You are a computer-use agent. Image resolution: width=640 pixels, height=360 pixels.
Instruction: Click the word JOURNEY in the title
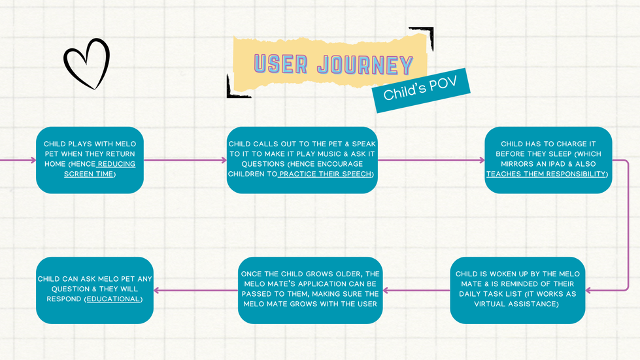(x=365, y=65)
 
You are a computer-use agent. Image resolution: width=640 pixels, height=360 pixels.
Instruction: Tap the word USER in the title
(x=281, y=63)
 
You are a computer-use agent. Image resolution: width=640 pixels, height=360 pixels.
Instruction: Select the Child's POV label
(x=420, y=90)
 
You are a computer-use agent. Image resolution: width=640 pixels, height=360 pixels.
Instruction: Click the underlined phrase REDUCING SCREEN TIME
(x=99, y=169)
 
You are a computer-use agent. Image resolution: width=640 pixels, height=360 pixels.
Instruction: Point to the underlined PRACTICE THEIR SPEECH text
(x=325, y=174)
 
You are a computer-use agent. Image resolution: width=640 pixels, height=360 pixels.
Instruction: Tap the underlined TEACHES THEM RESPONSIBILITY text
(x=546, y=174)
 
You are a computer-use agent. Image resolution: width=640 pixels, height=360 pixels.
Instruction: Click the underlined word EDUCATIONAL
(x=113, y=299)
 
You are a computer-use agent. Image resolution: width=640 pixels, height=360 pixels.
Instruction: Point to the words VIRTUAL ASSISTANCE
(x=516, y=304)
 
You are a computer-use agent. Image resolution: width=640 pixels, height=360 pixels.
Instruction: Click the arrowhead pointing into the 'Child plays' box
(x=33, y=160)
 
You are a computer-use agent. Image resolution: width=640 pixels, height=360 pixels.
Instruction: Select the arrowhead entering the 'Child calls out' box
(x=224, y=160)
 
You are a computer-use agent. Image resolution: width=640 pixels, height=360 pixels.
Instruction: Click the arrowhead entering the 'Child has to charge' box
(x=482, y=160)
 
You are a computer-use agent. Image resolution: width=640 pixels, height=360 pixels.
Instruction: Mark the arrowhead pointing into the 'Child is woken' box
(x=588, y=290)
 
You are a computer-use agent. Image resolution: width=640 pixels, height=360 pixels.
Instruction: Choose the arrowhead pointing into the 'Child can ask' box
(x=157, y=290)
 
